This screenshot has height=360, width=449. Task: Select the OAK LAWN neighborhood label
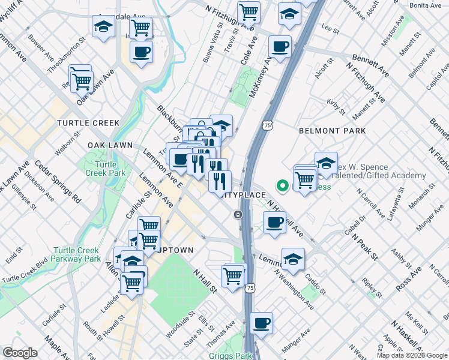point(110,145)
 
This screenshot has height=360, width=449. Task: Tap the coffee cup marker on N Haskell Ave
point(275,223)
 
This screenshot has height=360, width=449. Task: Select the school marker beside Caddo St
point(293,259)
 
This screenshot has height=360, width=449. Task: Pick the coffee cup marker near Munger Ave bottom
point(262,323)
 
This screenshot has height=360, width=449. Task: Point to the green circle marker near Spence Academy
point(280,185)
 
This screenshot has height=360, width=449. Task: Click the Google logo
point(20,353)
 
